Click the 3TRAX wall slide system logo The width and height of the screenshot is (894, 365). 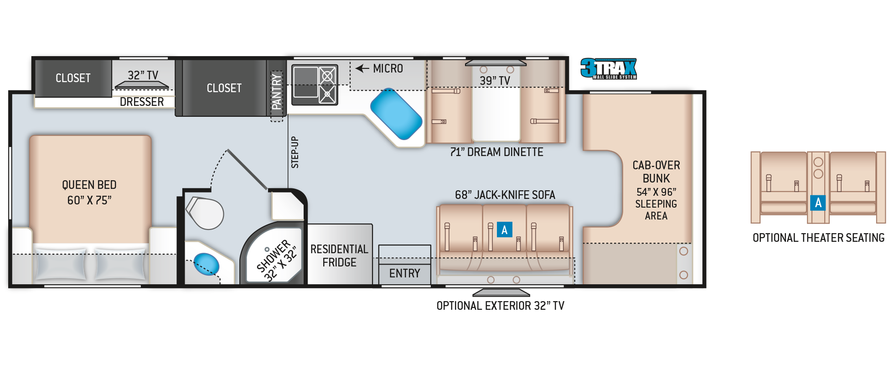pos(609,68)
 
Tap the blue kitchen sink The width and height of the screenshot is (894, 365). pos(396,114)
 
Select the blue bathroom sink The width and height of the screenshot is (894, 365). pos(206,264)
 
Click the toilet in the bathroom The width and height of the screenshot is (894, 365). pos(205,213)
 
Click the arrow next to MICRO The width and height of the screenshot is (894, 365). pos(362,68)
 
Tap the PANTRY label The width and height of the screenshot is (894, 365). pos(276,92)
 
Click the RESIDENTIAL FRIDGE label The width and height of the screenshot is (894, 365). pos(339,255)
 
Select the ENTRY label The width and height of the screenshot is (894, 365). pos(405,273)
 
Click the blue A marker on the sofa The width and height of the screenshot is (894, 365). pos(505,229)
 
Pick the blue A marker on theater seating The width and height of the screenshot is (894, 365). pos(818,203)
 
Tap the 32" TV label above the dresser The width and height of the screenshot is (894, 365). pos(143,75)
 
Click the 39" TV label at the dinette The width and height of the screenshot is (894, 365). pos(495,81)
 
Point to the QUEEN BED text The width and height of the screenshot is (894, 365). pos(89,185)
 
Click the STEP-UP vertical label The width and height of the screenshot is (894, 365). pos(295,152)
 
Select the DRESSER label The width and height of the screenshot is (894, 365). pos(142,102)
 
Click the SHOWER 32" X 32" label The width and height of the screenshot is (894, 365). pos(276,260)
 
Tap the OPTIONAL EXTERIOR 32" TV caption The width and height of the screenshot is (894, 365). pos(501,306)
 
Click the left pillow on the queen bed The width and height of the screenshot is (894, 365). pos(61,264)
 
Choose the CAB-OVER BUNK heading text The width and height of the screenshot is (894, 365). pos(656,172)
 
